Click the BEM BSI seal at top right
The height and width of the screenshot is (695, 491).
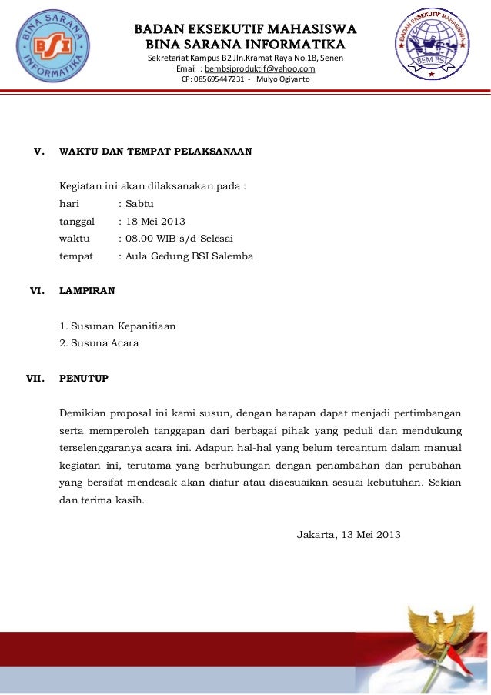click(433, 47)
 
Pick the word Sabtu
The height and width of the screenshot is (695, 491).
click(139, 204)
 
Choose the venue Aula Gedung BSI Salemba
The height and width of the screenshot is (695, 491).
click(189, 256)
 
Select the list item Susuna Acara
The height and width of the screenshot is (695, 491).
click(104, 343)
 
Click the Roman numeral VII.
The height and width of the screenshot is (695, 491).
click(35, 379)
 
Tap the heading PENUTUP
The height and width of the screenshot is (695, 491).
click(84, 379)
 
